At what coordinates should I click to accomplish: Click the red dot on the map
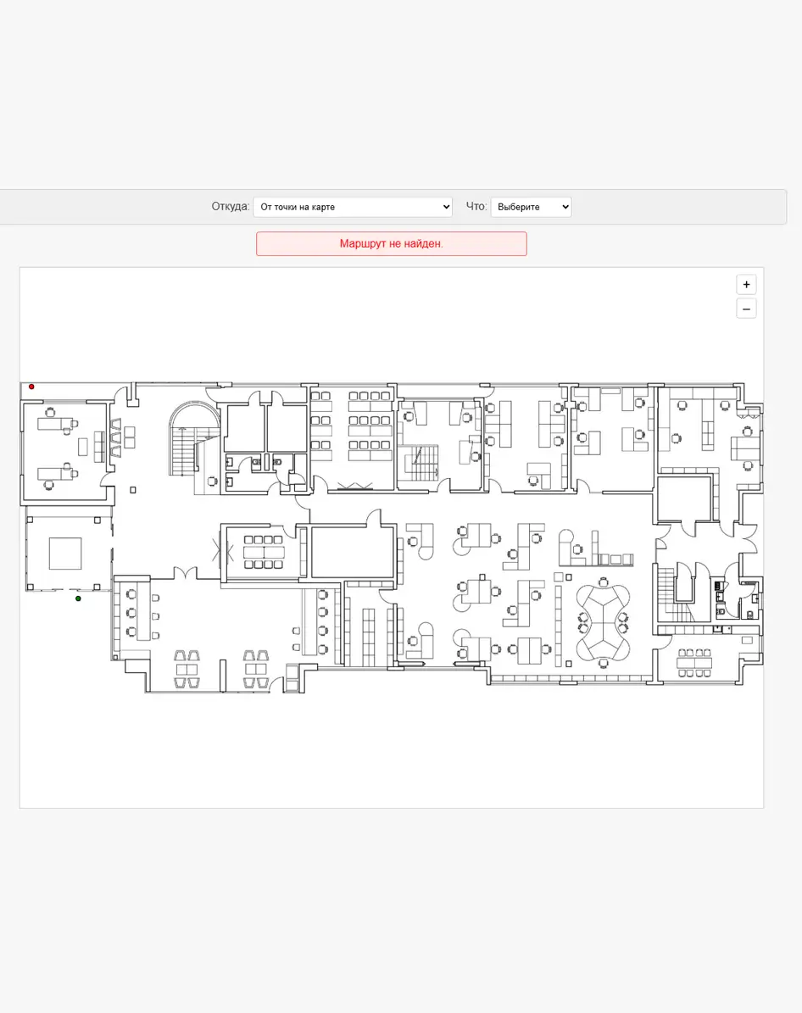coord(31,387)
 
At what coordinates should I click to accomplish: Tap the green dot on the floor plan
coord(78,598)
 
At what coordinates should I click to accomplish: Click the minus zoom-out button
coord(746,309)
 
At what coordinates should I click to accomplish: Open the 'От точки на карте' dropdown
coord(353,207)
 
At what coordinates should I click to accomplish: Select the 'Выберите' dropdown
coord(532,207)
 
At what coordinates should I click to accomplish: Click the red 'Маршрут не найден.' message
coord(392,243)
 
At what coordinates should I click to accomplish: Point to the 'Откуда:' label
coord(230,206)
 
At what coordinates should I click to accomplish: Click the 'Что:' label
coord(476,206)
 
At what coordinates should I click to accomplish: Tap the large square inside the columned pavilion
coord(65,554)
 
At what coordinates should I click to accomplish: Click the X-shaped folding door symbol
coord(223,553)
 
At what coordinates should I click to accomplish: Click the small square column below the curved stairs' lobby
coord(133,490)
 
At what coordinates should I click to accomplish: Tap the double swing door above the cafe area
coord(185,573)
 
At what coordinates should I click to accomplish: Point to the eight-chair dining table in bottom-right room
coord(694,663)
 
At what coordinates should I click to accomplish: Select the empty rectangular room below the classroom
coord(353,553)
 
